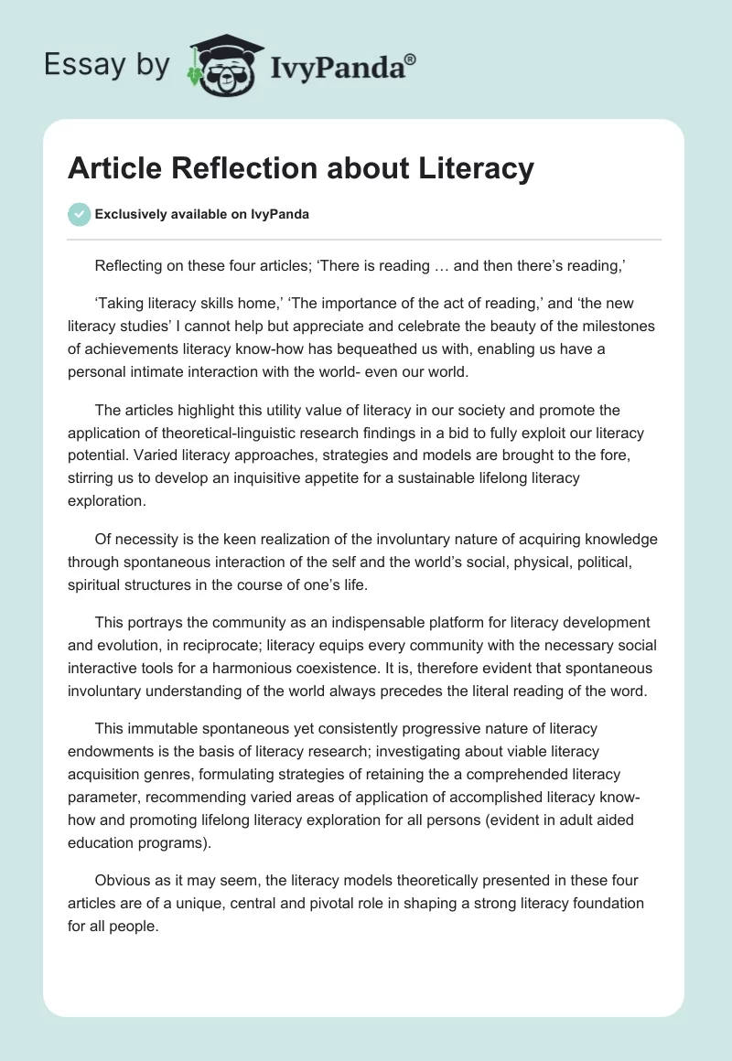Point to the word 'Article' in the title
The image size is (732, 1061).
pyautogui.click(x=113, y=168)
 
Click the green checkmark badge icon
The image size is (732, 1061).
pyautogui.click(x=79, y=214)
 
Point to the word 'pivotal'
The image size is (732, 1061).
pyautogui.click(x=336, y=902)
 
